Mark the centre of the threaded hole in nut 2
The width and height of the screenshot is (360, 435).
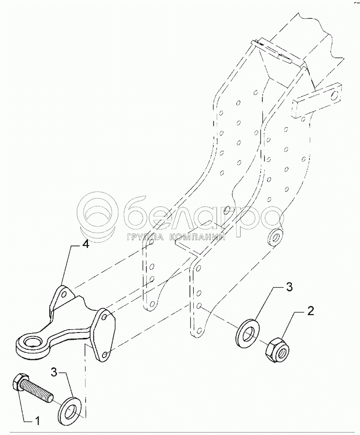pyautogui.click(x=282, y=353)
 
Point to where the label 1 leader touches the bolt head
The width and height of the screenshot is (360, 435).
pyautogui.click(x=18, y=391)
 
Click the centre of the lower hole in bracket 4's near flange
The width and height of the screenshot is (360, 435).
pyautogui.click(x=105, y=354)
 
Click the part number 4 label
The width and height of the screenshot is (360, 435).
pyautogui.click(x=86, y=245)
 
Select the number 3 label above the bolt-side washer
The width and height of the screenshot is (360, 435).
pyautogui.click(x=54, y=372)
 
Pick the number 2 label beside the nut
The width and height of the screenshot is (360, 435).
pyautogui.click(x=311, y=311)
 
